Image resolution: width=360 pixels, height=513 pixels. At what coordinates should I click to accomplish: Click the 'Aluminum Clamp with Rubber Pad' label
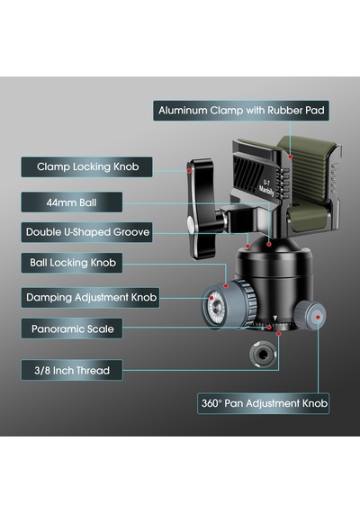(x=241, y=111)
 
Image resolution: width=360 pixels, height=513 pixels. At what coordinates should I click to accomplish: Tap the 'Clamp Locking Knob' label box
(x=86, y=166)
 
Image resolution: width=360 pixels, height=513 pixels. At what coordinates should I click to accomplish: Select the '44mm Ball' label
(x=72, y=202)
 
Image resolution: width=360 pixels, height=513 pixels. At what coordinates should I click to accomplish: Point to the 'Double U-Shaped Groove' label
(x=86, y=232)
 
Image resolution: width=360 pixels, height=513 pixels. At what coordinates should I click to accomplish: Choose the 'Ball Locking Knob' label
(x=72, y=263)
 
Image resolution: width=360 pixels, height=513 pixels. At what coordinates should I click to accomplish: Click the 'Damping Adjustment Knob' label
(x=90, y=297)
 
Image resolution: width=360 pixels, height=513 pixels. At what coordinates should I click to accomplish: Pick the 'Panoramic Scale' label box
(x=72, y=328)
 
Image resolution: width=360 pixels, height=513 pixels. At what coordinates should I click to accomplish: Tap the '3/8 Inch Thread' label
(x=72, y=370)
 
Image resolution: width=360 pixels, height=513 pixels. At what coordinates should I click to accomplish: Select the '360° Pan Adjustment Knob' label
(x=264, y=403)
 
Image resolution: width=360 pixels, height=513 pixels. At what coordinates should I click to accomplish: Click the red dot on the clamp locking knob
(x=189, y=171)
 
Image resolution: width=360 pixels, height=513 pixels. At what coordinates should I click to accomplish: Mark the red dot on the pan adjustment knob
(x=318, y=317)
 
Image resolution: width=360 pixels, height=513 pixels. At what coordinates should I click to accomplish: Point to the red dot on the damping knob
(x=211, y=298)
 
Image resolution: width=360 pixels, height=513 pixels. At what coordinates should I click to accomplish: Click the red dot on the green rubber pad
(x=290, y=157)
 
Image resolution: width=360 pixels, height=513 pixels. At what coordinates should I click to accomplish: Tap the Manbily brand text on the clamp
(x=266, y=191)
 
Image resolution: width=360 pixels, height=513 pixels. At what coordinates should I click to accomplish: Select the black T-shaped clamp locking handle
(x=201, y=210)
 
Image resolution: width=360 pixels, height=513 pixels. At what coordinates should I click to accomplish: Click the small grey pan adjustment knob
(x=310, y=317)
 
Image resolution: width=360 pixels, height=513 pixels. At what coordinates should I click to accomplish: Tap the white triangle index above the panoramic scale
(x=274, y=318)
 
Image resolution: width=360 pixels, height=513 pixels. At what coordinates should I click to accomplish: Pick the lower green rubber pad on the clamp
(x=309, y=218)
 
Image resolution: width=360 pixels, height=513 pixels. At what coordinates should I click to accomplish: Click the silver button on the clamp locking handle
(x=190, y=224)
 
